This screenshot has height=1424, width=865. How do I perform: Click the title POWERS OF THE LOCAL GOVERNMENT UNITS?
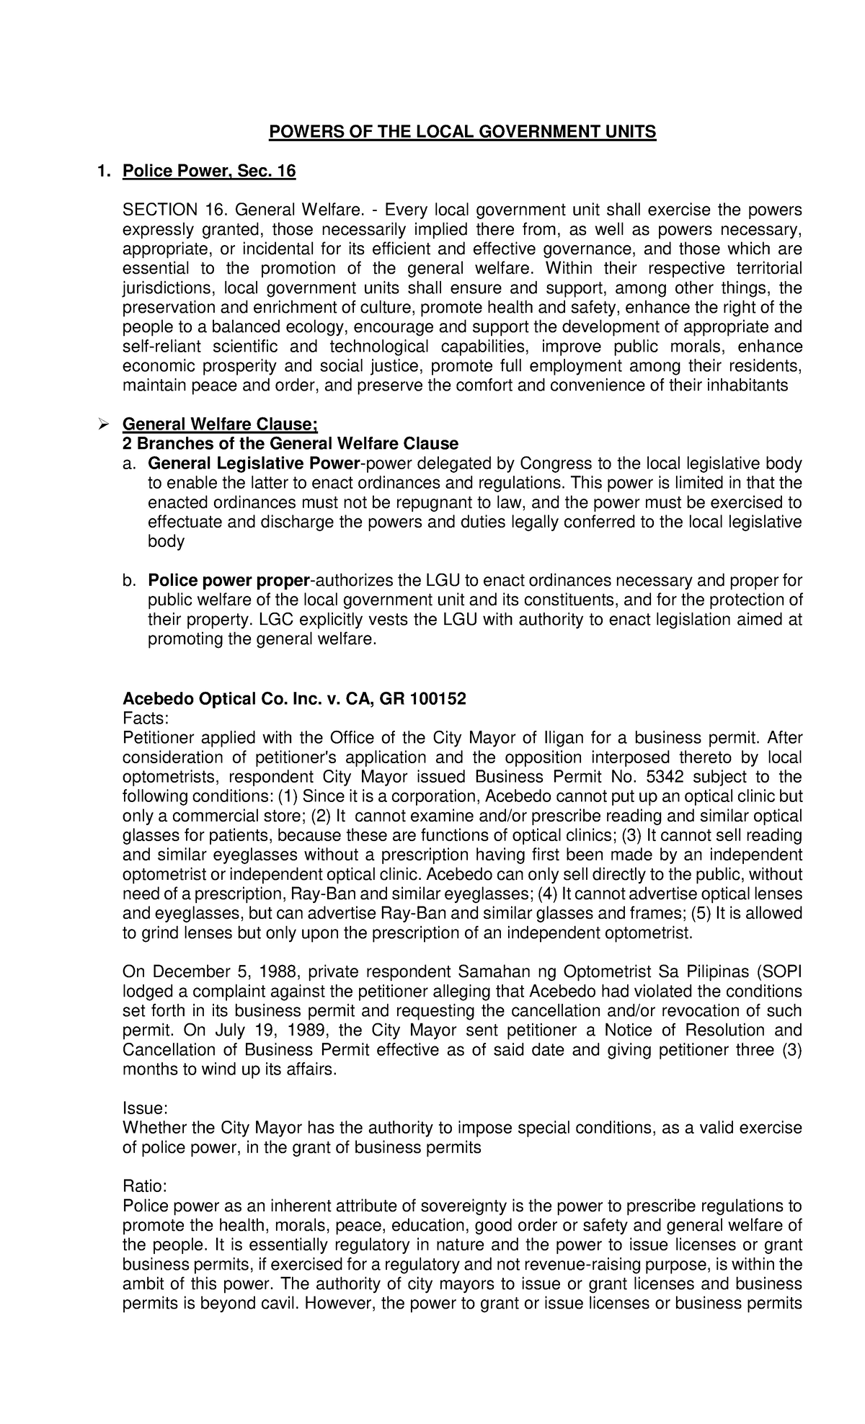coord(462,133)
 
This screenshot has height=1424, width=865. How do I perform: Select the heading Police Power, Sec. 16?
coord(209,172)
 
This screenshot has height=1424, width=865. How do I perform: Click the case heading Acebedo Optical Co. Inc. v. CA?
coord(294,699)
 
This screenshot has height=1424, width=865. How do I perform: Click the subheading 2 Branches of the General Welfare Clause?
coord(290,443)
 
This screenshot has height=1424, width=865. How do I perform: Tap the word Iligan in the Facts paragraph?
coord(562,739)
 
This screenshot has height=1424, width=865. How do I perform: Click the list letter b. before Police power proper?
coord(130,581)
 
